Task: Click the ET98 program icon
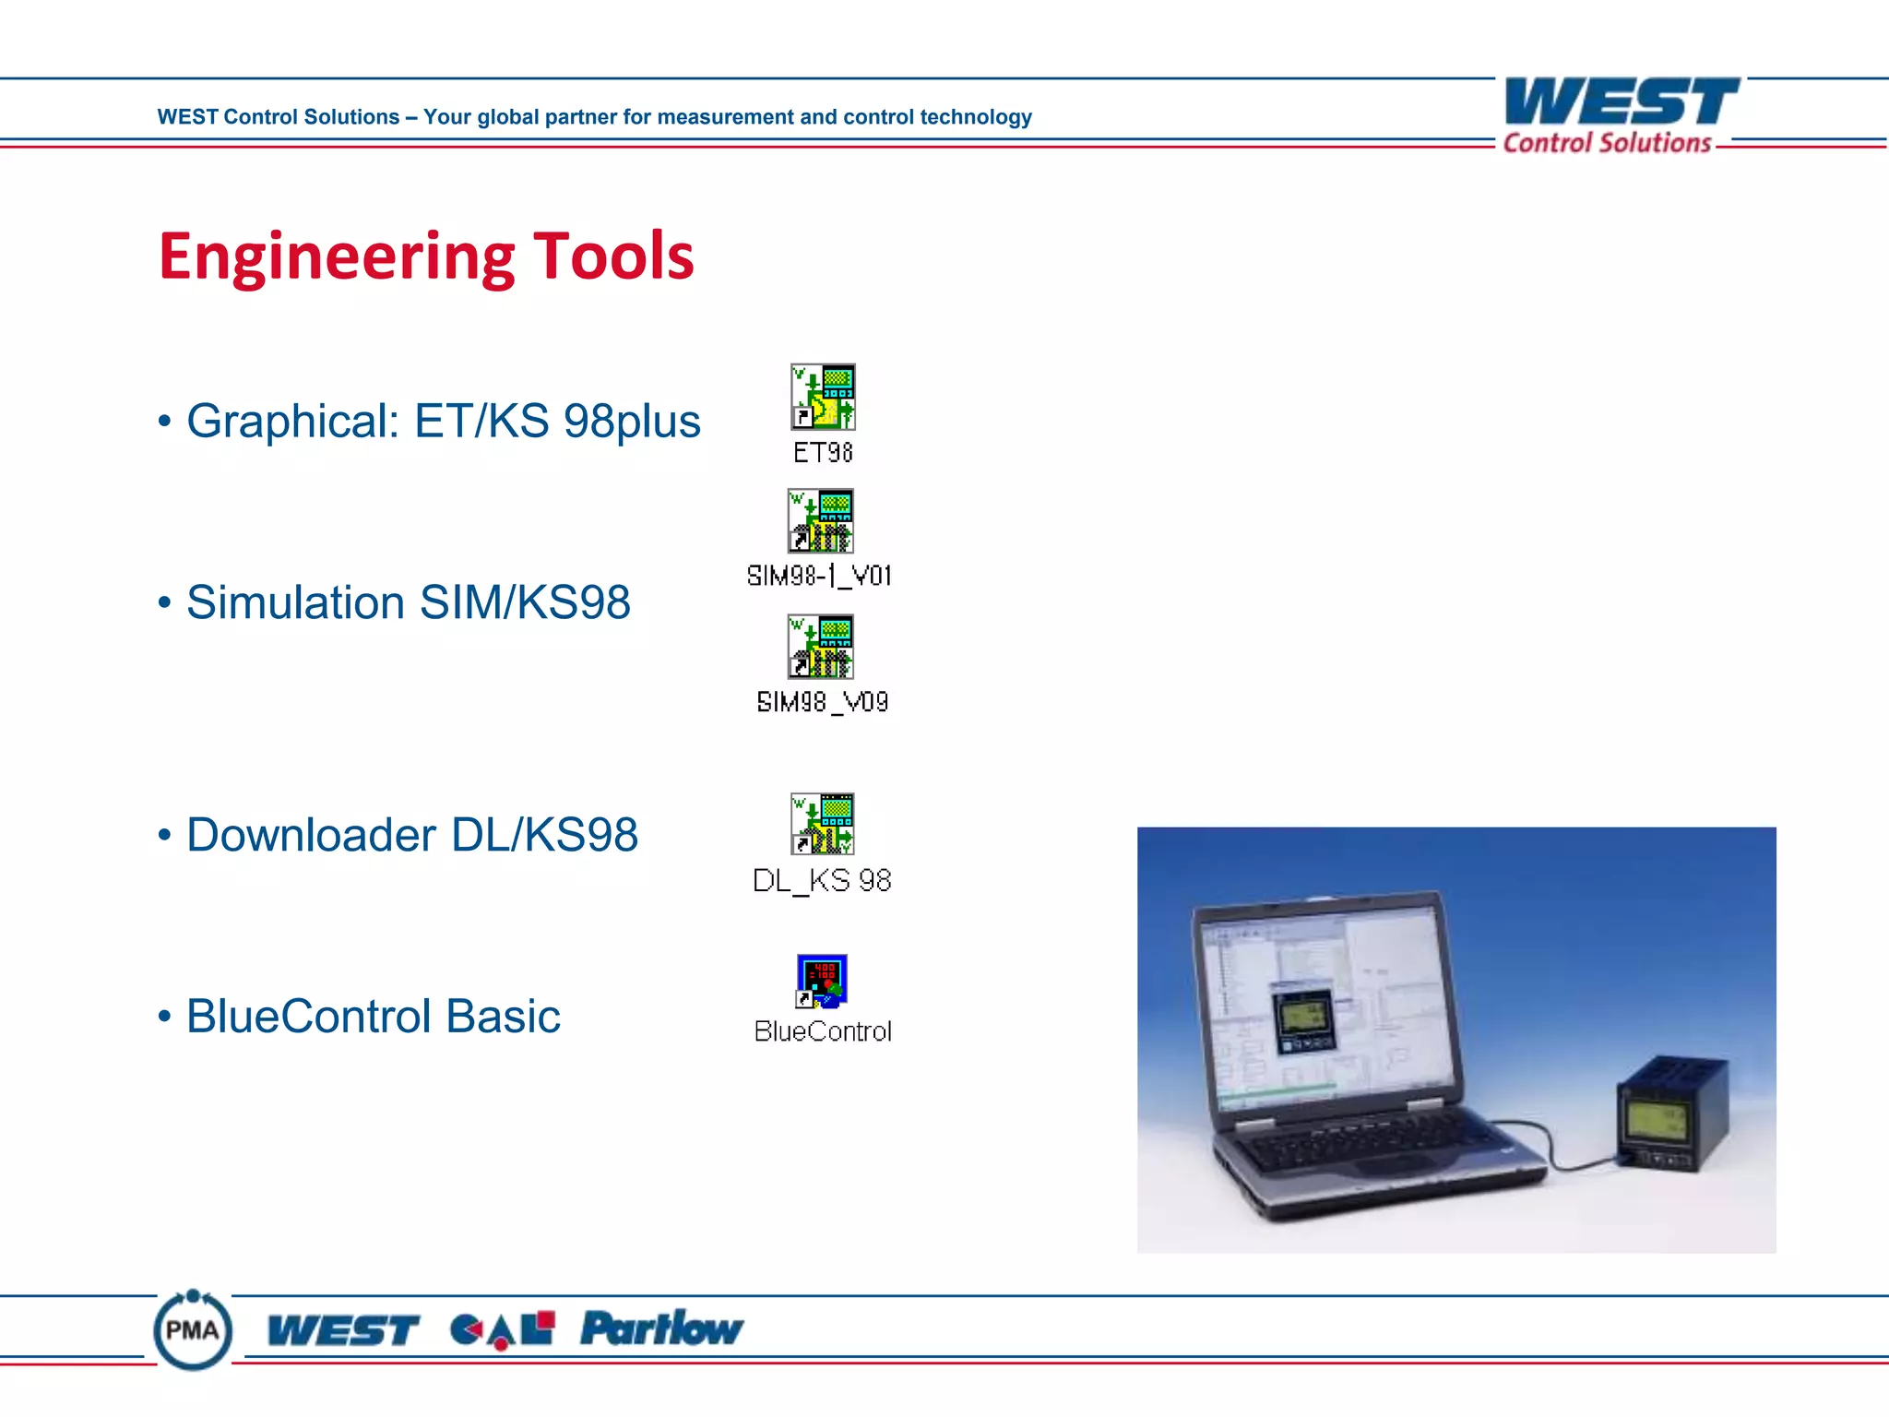coord(823,397)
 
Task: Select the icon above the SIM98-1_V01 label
coord(820,521)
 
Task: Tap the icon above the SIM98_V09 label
coord(820,647)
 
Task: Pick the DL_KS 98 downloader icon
coord(822,824)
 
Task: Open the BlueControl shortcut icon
coord(821,982)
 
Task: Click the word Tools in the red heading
coord(613,256)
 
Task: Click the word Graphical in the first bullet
coord(292,423)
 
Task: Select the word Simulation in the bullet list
coord(295,603)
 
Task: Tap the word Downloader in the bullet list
coord(311,836)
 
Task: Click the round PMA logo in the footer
coord(193,1329)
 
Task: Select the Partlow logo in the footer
coord(661,1329)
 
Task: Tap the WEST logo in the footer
coord(343,1330)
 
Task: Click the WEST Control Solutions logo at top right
coord(1620,115)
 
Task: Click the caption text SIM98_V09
coord(822,702)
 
